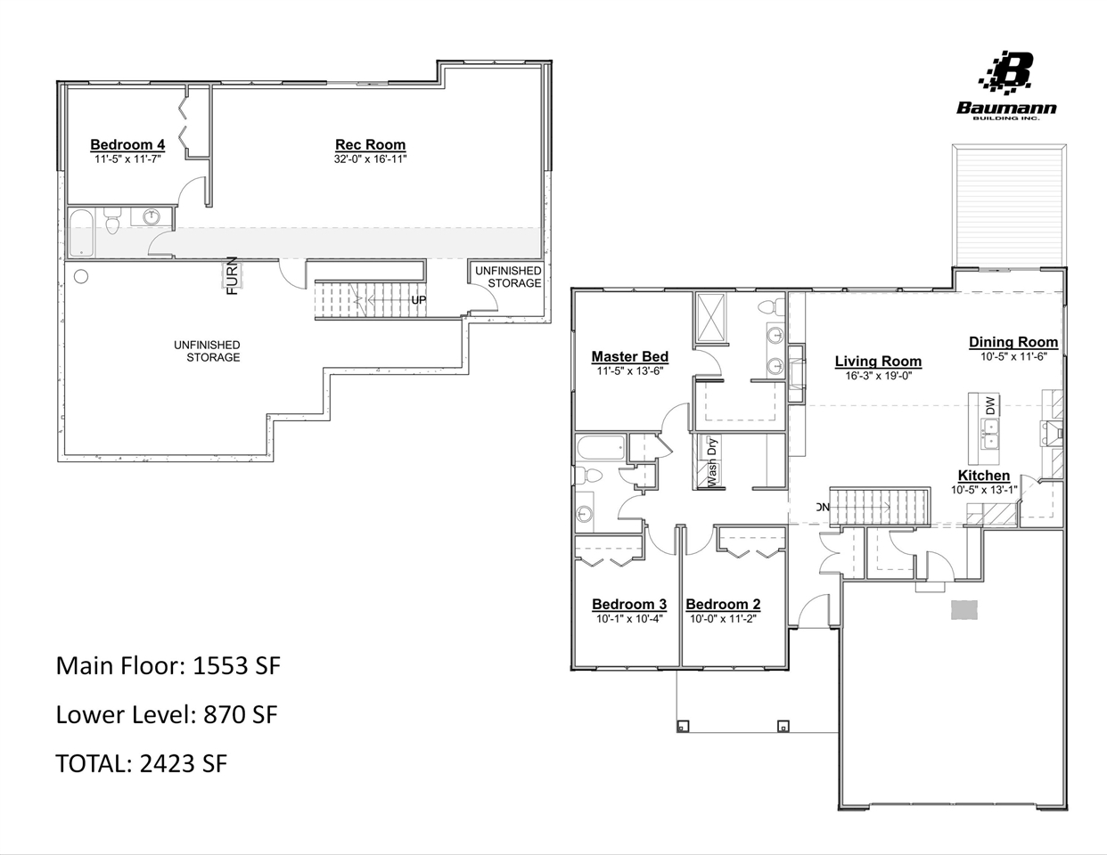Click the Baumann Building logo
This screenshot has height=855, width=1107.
(x=1007, y=85)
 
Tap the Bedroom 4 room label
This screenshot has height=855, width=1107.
(x=127, y=144)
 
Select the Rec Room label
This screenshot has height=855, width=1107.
(x=370, y=144)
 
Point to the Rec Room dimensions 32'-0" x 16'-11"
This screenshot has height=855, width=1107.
(x=370, y=159)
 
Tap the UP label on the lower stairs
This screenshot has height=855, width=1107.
(x=418, y=300)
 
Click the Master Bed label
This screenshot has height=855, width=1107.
(x=629, y=356)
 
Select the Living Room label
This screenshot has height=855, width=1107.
(x=878, y=361)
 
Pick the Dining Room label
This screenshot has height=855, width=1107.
(x=1013, y=342)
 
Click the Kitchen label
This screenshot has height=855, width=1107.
(x=984, y=476)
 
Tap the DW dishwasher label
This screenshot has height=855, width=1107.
(x=990, y=405)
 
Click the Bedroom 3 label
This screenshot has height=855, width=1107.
(x=629, y=604)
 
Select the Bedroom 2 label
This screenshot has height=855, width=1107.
(x=723, y=604)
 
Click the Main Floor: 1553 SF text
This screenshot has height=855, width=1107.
(x=168, y=665)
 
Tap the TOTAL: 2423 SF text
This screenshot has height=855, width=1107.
(x=142, y=763)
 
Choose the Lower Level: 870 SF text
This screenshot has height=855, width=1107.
(x=167, y=714)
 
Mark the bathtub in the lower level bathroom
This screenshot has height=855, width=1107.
(x=81, y=232)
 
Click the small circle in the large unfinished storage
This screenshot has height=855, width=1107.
(x=81, y=277)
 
